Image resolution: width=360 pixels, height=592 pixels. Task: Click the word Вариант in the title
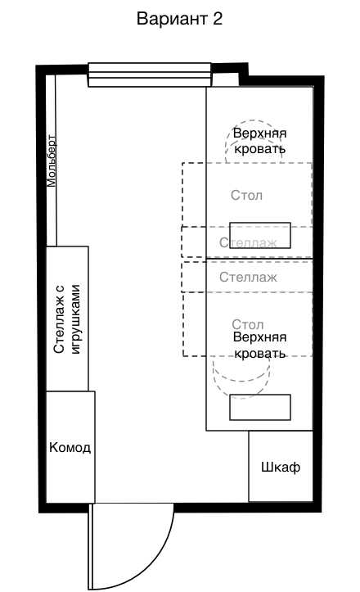(x=172, y=19)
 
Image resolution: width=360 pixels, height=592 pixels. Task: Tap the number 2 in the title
(x=218, y=19)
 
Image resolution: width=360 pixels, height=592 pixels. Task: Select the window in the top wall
(x=150, y=75)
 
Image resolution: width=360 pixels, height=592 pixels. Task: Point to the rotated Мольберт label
(x=52, y=160)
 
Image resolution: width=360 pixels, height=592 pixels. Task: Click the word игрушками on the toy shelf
(x=76, y=319)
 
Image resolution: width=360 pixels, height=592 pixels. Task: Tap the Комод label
(x=70, y=447)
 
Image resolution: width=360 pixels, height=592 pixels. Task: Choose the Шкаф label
(x=281, y=468)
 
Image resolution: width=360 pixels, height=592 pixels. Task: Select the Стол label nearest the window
(x=246, y=195)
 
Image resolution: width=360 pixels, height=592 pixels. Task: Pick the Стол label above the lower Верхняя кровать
(x=248, y=324)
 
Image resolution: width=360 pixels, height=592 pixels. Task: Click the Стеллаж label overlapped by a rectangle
(x=248, y=242)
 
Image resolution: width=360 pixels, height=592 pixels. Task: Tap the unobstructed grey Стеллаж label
(x=248, y=277)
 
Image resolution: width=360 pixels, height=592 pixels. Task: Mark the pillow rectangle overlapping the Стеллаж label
(x=260, y=235)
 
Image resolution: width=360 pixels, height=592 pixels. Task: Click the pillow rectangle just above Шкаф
(x=260, y=408)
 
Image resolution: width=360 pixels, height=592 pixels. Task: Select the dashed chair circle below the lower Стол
(x=241, y=379)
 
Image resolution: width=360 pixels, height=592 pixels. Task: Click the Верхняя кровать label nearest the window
(x=259, y=141)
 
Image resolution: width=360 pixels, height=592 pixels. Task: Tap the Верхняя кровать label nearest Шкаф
(x=259, y=345)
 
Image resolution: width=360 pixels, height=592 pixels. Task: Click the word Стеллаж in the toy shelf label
(x=60, y=319)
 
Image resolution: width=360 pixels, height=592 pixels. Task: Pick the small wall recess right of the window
(x=225, y=79)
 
